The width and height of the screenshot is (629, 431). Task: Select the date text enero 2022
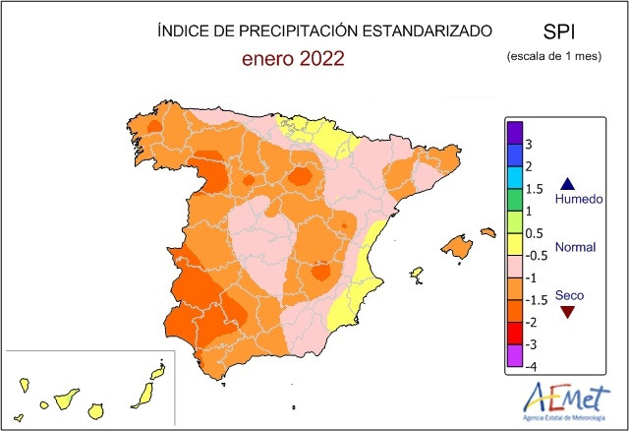coord(293,59)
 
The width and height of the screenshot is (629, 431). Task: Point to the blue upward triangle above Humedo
coord(566,183)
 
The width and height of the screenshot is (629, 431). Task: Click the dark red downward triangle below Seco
coord(566,313)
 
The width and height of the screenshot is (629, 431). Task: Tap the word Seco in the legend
coord(569,294)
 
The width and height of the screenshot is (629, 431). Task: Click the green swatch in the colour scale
coord(514,200)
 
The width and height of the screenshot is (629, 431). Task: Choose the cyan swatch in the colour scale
coord(514,178)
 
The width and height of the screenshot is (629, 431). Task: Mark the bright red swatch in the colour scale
coord(514,333)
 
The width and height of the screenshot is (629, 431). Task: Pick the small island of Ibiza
coord(416,273)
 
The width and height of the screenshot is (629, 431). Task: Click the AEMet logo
coord(558,401)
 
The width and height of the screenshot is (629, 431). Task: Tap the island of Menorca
coord(486,232)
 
